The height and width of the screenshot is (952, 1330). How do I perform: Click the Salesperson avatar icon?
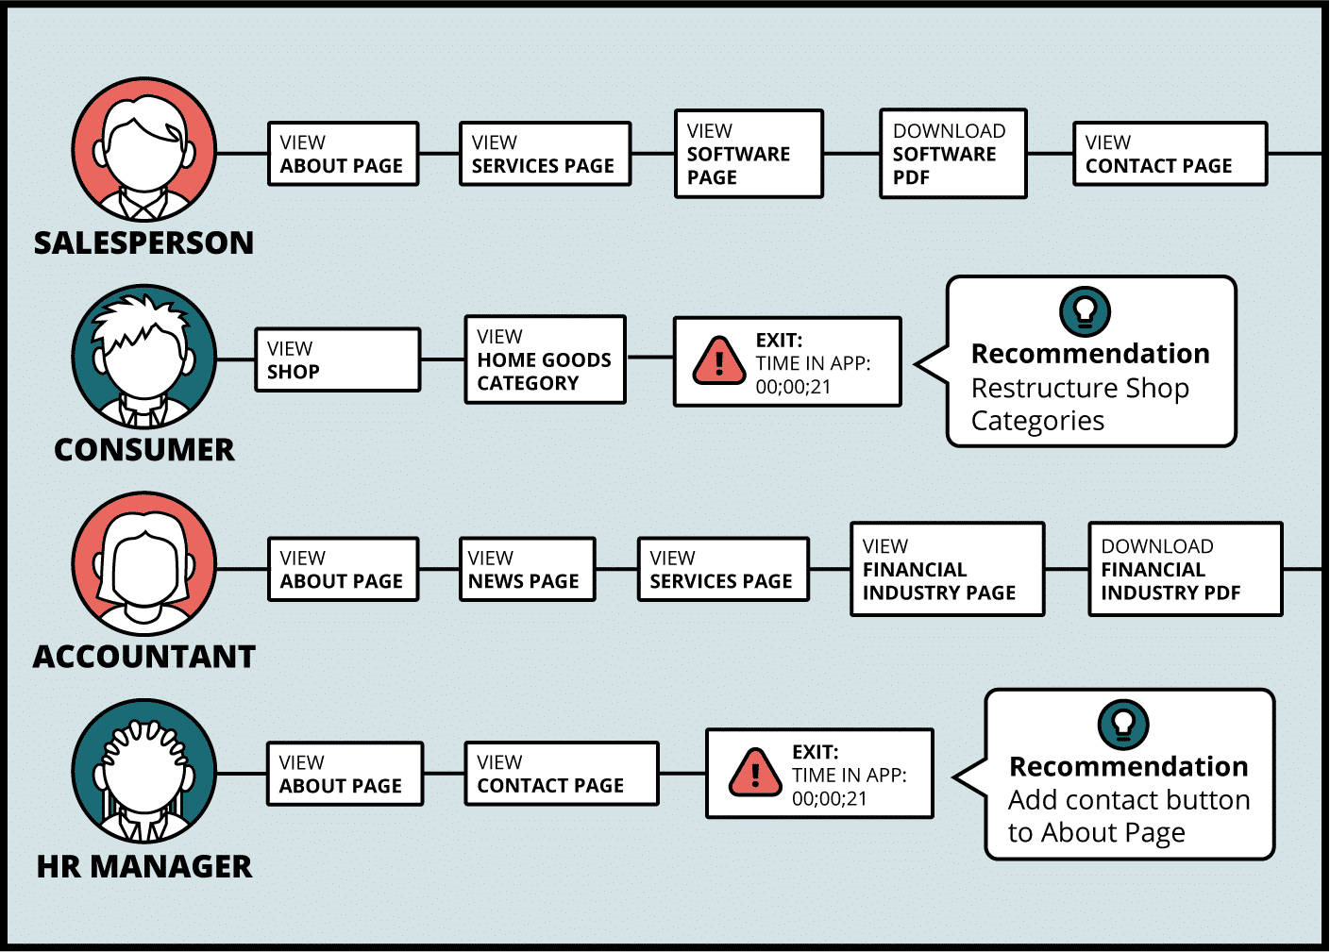[x=144, y=150]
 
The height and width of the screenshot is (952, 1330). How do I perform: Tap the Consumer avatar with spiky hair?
[x=144, y=357]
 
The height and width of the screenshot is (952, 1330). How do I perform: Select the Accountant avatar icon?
[x=144, y=563]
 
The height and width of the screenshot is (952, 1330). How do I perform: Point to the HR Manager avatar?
[x=144, y=771]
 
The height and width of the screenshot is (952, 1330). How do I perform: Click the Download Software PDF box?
[x=953, y=154]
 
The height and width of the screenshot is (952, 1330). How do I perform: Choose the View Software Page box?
[x=749, y=154]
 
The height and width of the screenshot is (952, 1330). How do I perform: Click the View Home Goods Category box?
[x=545, y=359]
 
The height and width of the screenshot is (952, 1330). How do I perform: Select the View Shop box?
[x=338, y=359]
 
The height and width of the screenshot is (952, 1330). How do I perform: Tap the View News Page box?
[x=528, y=569]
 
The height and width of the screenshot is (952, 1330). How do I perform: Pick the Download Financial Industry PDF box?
[x=1186, y=569]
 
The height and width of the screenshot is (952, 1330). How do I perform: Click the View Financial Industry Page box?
[x=947, y=569]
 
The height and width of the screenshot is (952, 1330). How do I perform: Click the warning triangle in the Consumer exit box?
[x=719, y=360]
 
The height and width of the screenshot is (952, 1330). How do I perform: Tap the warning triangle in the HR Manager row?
[x=755, y=773]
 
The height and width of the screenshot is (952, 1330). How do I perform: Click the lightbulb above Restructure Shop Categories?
[x=1085, y=311]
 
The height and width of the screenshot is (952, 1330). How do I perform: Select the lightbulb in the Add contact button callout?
[x=1123, y=724]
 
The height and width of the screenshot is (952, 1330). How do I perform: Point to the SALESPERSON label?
[x=143, y=242]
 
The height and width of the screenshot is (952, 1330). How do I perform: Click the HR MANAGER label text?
[x=144, y=866]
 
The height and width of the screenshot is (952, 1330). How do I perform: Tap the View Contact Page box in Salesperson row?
[x=1170, y=154]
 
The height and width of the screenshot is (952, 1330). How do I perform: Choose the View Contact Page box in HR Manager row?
[x=562, y=774]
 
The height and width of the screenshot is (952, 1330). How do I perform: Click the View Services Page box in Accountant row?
[x=723, y=569]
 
